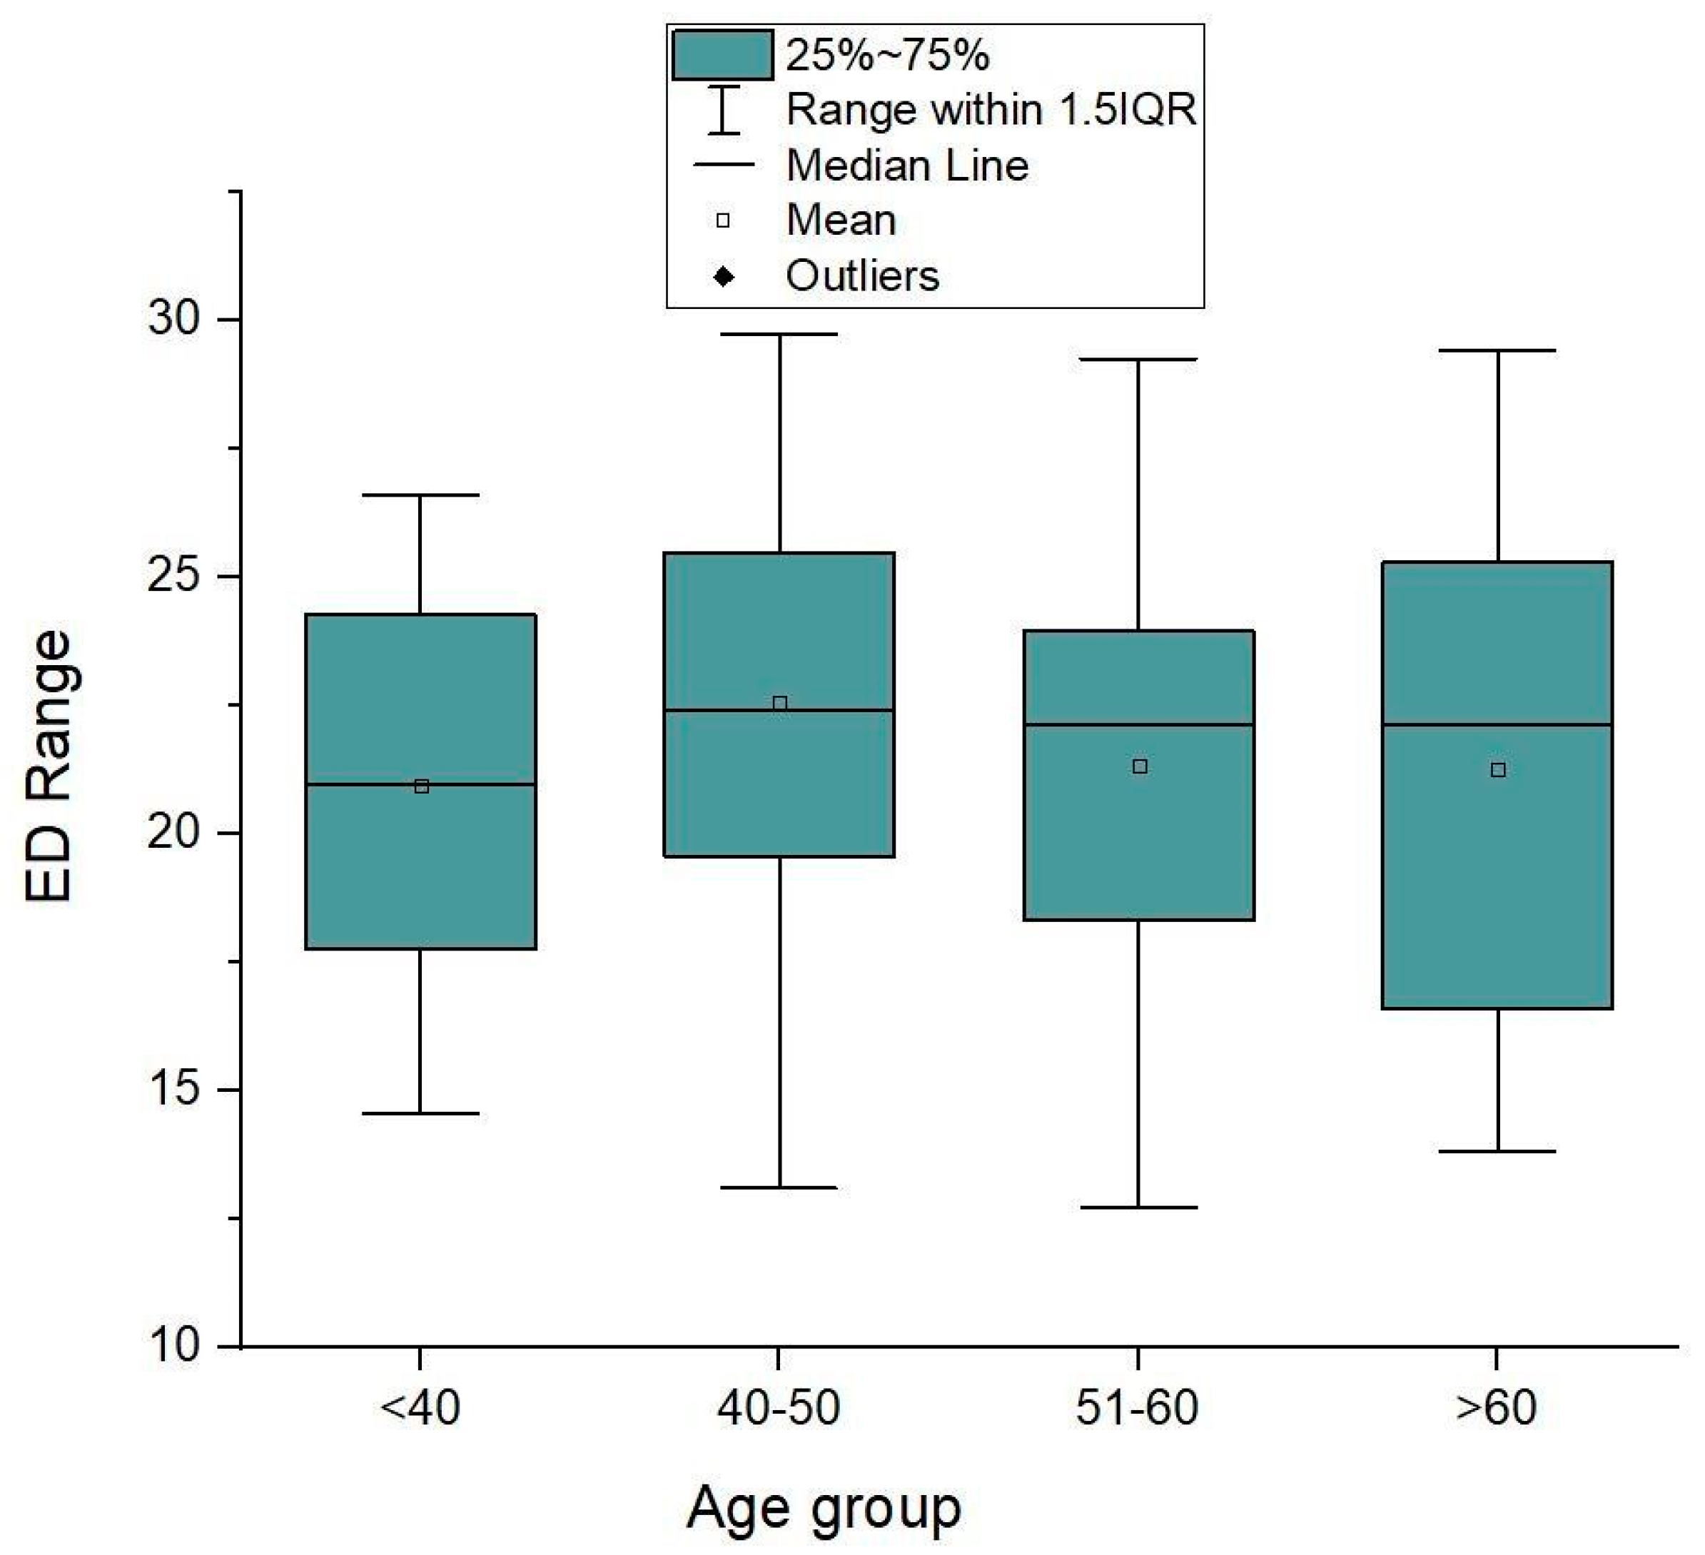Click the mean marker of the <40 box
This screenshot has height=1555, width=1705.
tap(421, 786)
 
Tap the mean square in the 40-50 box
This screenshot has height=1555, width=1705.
tap(780, 703)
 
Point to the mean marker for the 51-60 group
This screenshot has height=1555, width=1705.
tap(1139, 766)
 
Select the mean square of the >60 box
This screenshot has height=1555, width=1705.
tap(1498, 769)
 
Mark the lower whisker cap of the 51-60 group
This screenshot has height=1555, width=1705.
tap(1138, 1207)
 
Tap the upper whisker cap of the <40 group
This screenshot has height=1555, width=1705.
tap(420, 495)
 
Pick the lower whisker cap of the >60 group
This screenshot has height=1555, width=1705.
tap(1498, 1152)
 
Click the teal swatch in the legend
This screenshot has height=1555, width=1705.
tap(722, 55)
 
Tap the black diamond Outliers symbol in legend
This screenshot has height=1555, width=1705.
tap(723, 276)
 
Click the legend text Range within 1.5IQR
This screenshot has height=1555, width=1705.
tap(991, 110)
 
